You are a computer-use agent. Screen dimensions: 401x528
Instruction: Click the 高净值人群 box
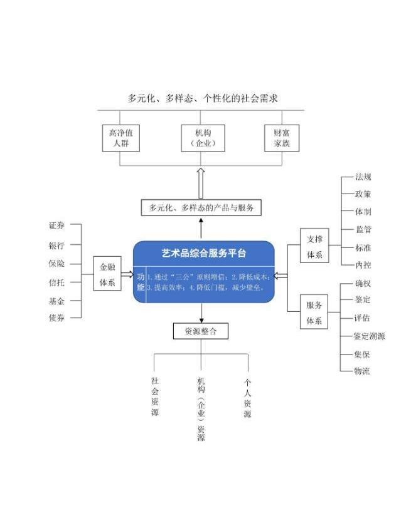coord(120,138)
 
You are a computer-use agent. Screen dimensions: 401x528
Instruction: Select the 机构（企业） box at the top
coord(203,138)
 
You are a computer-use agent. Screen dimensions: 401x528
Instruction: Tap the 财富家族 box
coord(282,138)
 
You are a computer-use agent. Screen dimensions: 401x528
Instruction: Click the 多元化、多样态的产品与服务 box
coord(201,207)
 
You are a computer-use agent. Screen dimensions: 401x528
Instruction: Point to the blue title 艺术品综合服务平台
coord(204,253)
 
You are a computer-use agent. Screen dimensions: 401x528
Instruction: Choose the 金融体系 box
coord(107,273)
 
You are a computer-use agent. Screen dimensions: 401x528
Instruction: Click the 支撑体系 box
coord(314,245)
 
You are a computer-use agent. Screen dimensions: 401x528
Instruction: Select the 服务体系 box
coord(314,311)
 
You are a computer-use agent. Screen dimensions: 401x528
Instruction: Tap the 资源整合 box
coord(201,331)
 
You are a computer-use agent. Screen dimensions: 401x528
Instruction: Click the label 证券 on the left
coord(56,225)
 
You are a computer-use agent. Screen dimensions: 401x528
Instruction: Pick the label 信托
coord(56,282)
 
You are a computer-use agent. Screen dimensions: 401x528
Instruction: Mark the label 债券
coord(56,318)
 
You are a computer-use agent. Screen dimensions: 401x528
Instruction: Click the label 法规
coord(363,177)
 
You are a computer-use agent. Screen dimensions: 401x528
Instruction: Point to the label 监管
coord(363,229)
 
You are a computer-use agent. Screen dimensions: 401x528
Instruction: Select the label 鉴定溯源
coord(369,336)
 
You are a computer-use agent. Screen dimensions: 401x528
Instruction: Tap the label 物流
coord(362,371)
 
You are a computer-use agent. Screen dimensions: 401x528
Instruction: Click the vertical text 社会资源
coord(155,396)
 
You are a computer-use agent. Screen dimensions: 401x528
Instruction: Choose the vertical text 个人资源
coord(247,398)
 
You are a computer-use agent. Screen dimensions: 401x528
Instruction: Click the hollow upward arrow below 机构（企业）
coord(201,183)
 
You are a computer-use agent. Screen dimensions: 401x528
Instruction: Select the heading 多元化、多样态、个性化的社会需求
coord(203,98)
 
